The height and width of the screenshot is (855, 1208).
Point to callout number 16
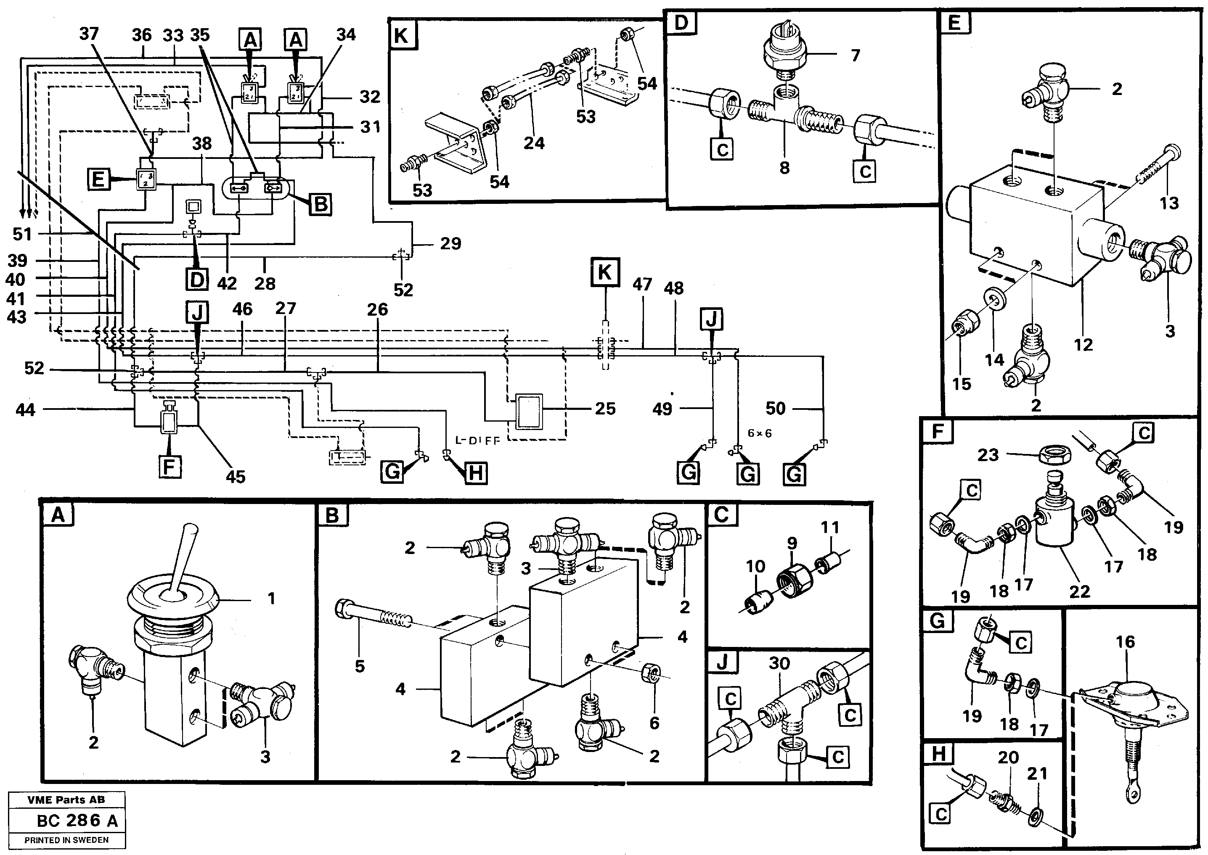1125,642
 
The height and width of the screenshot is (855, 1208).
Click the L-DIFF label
477,441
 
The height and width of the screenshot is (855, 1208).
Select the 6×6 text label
760,433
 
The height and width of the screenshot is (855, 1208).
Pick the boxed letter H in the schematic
475,473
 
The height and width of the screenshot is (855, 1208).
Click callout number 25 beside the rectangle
605,409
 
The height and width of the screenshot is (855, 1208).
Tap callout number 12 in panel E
1083,345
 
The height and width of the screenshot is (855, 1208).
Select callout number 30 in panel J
779,663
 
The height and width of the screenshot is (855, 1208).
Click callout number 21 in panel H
1037,773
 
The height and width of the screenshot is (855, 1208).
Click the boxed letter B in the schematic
320,204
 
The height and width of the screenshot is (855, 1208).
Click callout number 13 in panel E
1169,203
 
